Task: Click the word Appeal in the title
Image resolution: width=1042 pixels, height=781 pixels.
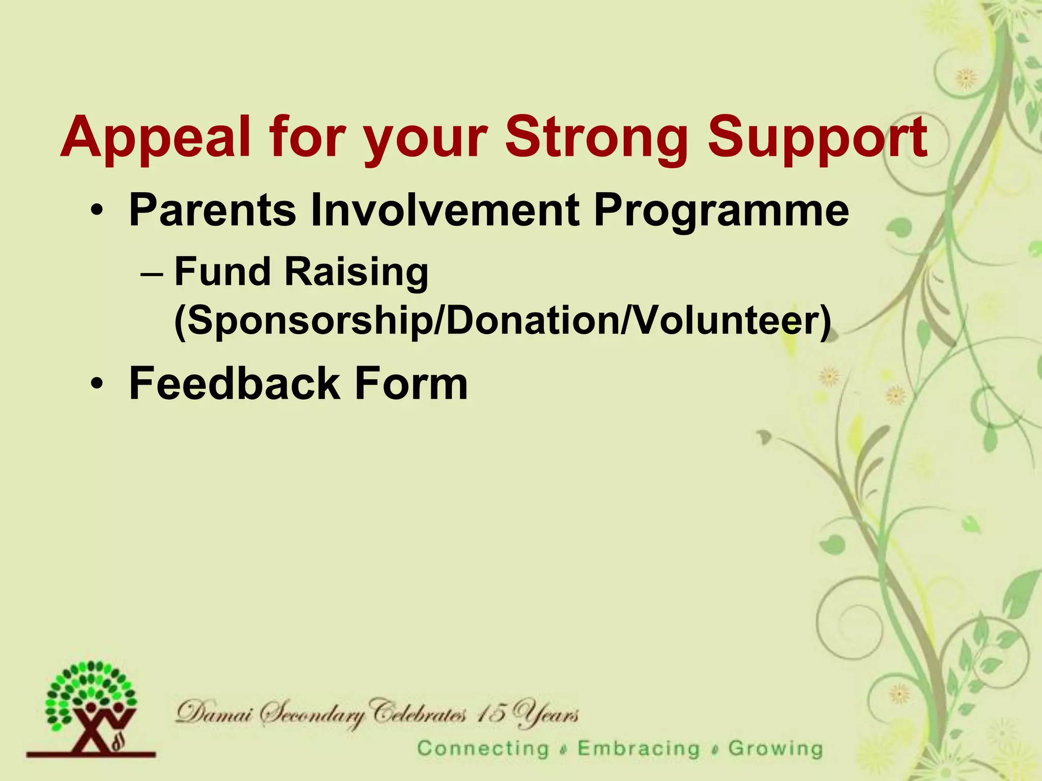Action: pos(155,138)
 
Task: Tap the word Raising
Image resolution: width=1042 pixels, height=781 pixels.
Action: pos(356,273)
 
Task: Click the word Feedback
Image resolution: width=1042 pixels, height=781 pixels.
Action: pos(234,383)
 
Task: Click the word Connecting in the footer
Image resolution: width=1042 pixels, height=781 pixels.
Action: pos(483,749)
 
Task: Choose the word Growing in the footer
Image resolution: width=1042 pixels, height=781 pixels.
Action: pos(775,749)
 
